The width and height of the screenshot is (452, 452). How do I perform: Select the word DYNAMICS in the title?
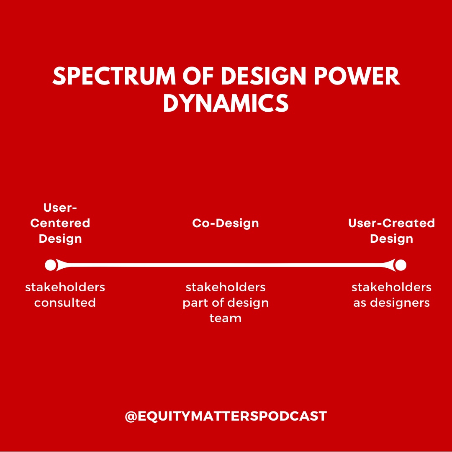(226, 103)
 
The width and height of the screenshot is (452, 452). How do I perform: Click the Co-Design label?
(226, 223)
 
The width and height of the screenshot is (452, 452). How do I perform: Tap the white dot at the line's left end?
(51, 265)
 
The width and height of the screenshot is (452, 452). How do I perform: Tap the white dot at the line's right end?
(401, 265)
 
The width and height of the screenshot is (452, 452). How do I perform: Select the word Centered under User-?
(60, 223)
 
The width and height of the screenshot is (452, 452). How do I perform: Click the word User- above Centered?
(60, 208)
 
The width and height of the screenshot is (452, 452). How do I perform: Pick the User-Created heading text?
(391, 223)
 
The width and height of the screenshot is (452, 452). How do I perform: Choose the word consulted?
(65, 303)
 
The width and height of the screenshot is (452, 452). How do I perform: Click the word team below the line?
(226, 318)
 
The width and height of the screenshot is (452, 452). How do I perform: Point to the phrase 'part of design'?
(226, 303)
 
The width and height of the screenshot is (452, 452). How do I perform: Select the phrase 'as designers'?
(391, 303)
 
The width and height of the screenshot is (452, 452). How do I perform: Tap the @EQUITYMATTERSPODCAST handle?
(226, 416)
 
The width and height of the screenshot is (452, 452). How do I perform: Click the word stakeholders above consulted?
(65, 287)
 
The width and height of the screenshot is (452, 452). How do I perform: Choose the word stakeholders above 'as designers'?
(391, 287)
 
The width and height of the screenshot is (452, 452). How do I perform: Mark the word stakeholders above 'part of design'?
(226, 287)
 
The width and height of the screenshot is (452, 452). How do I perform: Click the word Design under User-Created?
(391, 239)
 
